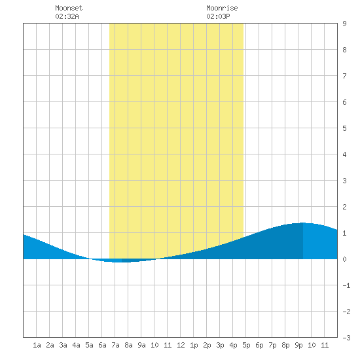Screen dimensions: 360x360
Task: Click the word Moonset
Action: [69, 8]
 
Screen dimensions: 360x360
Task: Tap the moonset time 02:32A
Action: [67, 16]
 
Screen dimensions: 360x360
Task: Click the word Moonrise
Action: [222, 8]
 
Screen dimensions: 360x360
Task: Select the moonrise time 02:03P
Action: [218, 16]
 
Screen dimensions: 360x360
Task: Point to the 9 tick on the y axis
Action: [344, 24]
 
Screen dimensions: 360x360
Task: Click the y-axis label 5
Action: [344, 128]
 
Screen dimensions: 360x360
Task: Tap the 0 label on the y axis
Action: [344, 259]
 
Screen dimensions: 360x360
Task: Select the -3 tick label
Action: [346, 338]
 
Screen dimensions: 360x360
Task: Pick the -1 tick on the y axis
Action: [346, 285]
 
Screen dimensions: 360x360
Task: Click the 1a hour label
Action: [37, 345]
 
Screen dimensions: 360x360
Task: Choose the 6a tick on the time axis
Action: [102, 345]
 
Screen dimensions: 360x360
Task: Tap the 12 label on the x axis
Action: [181, 345]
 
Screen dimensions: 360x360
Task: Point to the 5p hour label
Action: [246, 345]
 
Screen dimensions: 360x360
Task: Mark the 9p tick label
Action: [298, 345]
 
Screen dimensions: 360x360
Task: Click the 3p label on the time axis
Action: [220, 345]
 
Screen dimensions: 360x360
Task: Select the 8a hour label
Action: [128, 345]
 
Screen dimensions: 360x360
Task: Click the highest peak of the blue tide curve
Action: [303, 223]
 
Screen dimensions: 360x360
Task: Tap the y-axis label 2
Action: [344, 207]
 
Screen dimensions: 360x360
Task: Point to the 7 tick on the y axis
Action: [344, 76]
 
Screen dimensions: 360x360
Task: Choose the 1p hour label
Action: [194, 345]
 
